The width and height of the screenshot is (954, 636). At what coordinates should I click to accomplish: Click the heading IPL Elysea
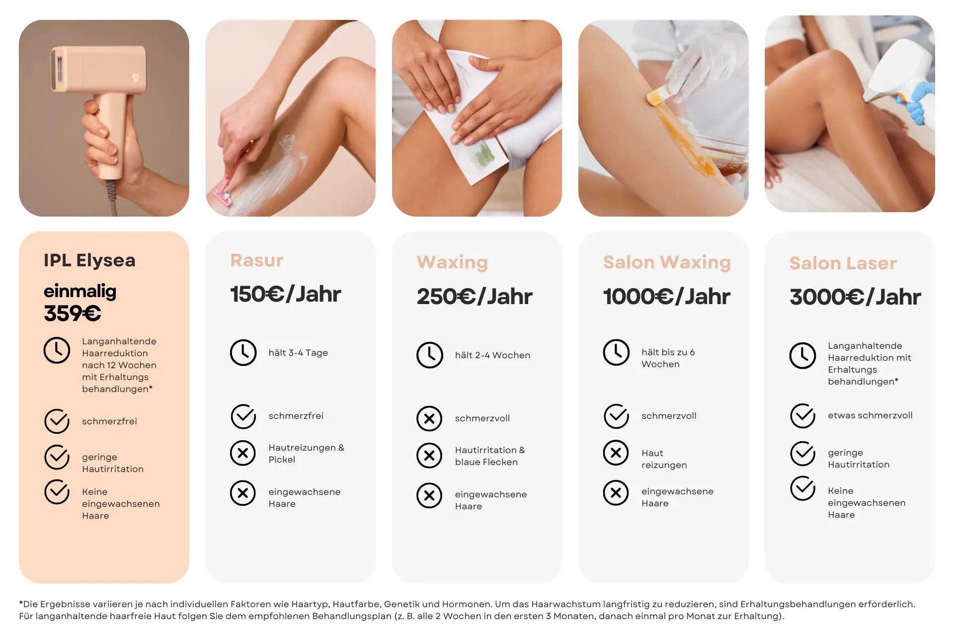point(89,260)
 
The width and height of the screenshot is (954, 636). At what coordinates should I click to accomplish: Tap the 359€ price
point(73,313)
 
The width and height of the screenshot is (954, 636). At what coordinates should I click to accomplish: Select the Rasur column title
point(257,260)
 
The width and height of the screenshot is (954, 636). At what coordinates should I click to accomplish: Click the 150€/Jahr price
point(285,294)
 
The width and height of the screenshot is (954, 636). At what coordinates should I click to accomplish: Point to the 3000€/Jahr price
point(855,297)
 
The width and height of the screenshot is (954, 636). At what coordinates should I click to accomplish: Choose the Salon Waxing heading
point(667,262)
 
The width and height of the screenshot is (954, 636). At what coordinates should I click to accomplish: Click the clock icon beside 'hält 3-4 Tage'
point(243,353)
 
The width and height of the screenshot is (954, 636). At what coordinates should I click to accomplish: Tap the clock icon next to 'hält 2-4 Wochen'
point(429,355)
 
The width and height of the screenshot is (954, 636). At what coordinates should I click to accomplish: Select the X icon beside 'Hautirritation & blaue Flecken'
point(429,456)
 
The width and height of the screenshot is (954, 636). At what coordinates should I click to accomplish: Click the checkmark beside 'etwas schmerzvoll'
point(803,416)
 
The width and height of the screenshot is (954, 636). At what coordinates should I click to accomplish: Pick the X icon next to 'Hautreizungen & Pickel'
point(243,453)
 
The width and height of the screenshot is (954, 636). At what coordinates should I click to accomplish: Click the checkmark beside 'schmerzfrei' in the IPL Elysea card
point(57,421)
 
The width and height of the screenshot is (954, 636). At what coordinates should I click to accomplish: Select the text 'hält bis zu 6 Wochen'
point(668,358)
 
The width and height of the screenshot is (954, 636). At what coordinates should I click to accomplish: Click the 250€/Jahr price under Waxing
point(474,297)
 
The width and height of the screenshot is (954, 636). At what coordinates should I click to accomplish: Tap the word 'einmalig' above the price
point(80,291)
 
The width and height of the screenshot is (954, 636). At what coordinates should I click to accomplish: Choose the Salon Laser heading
point(843,263)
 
